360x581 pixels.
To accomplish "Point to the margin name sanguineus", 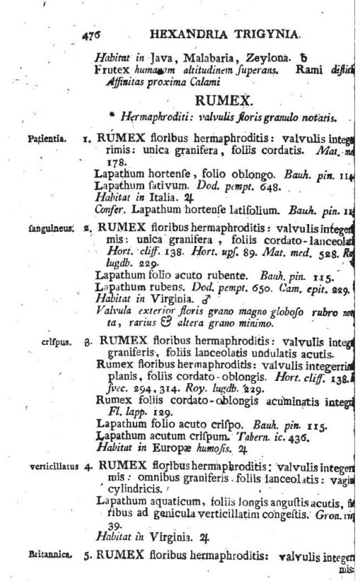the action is click(46, 230).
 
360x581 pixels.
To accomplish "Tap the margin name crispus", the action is click(51, 340).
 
